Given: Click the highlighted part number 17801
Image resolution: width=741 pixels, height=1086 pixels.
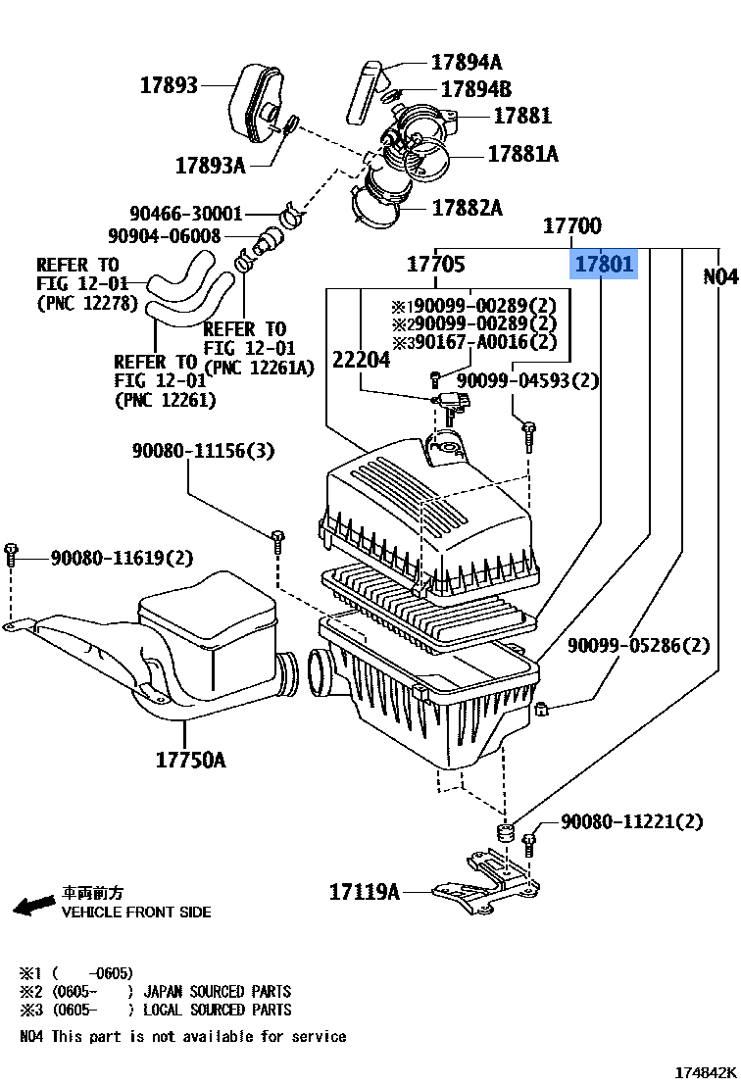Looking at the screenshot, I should click(x=604, y=264).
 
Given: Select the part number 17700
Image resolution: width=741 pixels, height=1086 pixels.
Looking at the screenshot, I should click(x=572, y=226).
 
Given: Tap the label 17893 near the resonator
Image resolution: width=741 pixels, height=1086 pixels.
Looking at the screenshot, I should click(x=169, y=85).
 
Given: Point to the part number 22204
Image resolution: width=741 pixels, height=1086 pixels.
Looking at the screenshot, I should click(x=361, y=360).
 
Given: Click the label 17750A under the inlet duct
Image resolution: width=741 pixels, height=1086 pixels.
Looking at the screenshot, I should click(x=190, y=759).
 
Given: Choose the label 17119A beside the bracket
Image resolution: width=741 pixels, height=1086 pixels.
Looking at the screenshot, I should click(x=365, y=891).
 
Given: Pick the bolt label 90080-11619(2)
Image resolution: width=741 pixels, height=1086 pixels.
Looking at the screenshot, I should click(x=123, y=558).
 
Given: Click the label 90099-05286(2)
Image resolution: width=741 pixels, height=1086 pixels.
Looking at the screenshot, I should click(x=639, y=645).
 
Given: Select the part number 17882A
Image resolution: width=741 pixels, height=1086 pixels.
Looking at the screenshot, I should click(x=468, y=207).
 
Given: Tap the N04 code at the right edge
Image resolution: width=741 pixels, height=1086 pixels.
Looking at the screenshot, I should click(x=720, y=277).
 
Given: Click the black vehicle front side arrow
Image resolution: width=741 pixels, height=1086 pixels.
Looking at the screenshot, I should click(x=34, y=904).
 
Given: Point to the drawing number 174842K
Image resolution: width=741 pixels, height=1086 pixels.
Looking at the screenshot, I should click(x=704, y=1073).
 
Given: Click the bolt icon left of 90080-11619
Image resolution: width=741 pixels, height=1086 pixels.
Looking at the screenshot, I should click(x=12, y=554).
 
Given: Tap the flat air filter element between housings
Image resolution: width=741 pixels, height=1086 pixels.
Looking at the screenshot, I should click(x=431, y=609).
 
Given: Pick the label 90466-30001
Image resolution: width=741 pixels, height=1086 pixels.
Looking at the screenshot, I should click(x=186, y=213).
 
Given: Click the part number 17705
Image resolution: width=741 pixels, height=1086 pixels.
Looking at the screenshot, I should click(x=436, y=264).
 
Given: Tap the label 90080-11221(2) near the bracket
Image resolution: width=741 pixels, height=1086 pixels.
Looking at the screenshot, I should click(x=632, y=821).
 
